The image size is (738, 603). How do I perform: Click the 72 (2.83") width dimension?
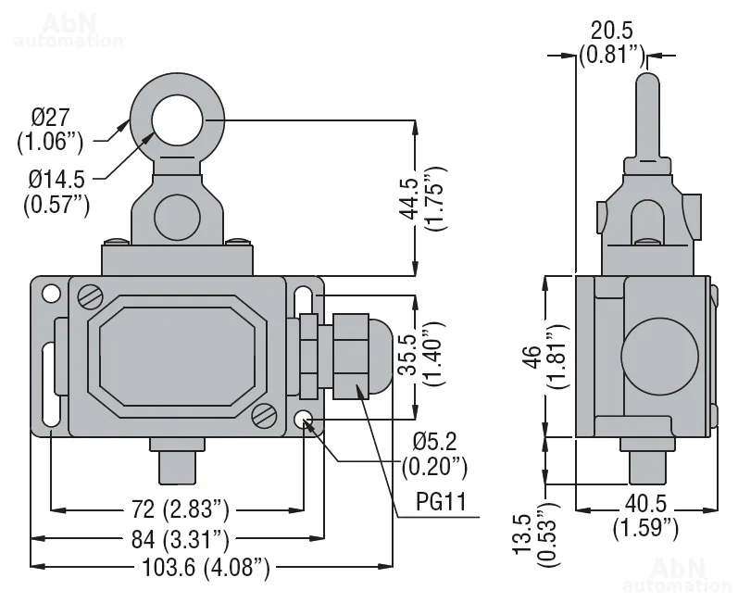(x=175, y=509)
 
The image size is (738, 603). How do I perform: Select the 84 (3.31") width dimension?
(x=177, y=537)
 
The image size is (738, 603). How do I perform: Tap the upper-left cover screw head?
(x=90, y=296)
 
